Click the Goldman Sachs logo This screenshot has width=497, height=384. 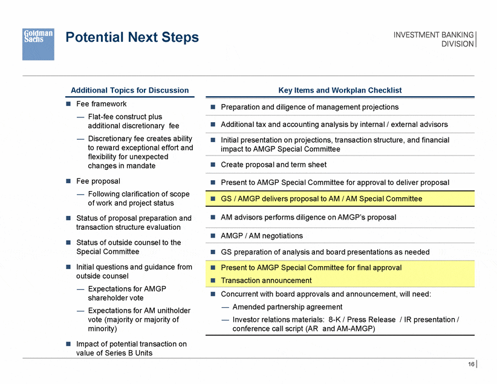pyautogui.click(x=38, y=44)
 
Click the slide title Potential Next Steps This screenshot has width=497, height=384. pyautogui.click(x=132, y=37)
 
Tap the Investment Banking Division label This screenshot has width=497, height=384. pyautogui.click(x=434, y=39)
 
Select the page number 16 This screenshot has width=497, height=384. pyautogui.click(x=471, y=364)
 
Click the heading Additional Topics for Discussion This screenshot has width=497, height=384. pyautogui.click(x=129, y=90)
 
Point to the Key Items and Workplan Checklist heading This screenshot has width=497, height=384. pyautogui.click(x=340, y=90)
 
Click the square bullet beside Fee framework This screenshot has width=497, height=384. pyautogui.click(x=68, y=103)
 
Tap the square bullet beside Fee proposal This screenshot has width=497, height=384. pyautogui.click(x=68, y=181)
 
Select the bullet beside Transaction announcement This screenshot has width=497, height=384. pyautogui.click(x=213, y=281)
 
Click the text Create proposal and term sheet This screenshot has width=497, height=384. pyautogui.click(x=273, y=164)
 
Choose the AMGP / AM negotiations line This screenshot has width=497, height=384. pyautogui.click(x=262, y=236)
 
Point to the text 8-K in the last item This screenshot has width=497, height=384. pyautogui.click(x=334, y=319)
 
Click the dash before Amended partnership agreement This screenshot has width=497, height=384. pyautogui.click(x=225, y=307)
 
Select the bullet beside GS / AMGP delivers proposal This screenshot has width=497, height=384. pyautogui.click(x=213, y=199)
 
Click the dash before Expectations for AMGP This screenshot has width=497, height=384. pyautogui.click(x=80, y=289)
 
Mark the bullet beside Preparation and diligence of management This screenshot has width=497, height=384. pyautogui.click(x=213, y=107)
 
